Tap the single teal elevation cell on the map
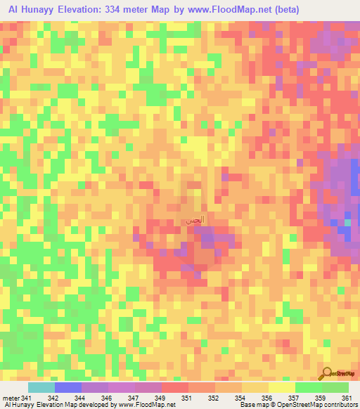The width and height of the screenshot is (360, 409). click(347, 223)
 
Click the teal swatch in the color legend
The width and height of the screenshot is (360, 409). click(41, 387)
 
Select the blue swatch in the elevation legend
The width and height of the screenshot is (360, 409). click(68, 387)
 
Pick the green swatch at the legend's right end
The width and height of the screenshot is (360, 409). click(335, 387)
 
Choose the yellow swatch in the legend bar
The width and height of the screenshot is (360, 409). click(281, 387)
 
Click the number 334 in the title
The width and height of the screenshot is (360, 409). click(110, 10)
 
